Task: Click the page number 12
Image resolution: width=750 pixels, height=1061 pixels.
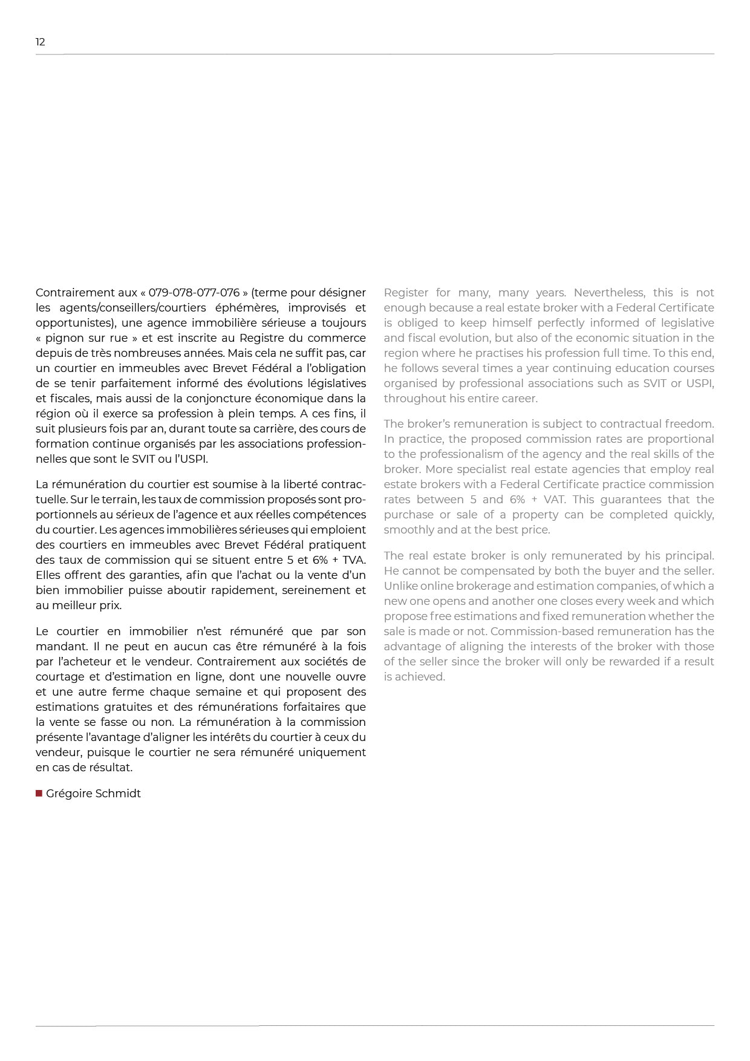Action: point(41,42)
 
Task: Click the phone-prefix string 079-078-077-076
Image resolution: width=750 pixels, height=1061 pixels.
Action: point(194,293)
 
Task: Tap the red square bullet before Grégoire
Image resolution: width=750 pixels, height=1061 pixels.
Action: point(39,793)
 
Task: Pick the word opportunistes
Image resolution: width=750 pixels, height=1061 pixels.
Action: point(73,323)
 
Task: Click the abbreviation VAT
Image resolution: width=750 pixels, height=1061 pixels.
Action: point(553,500)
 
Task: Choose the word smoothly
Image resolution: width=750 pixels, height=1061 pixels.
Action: point(408,530)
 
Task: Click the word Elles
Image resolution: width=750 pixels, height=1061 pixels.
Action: point(48,575)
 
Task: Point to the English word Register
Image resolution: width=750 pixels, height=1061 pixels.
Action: point(406,293)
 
